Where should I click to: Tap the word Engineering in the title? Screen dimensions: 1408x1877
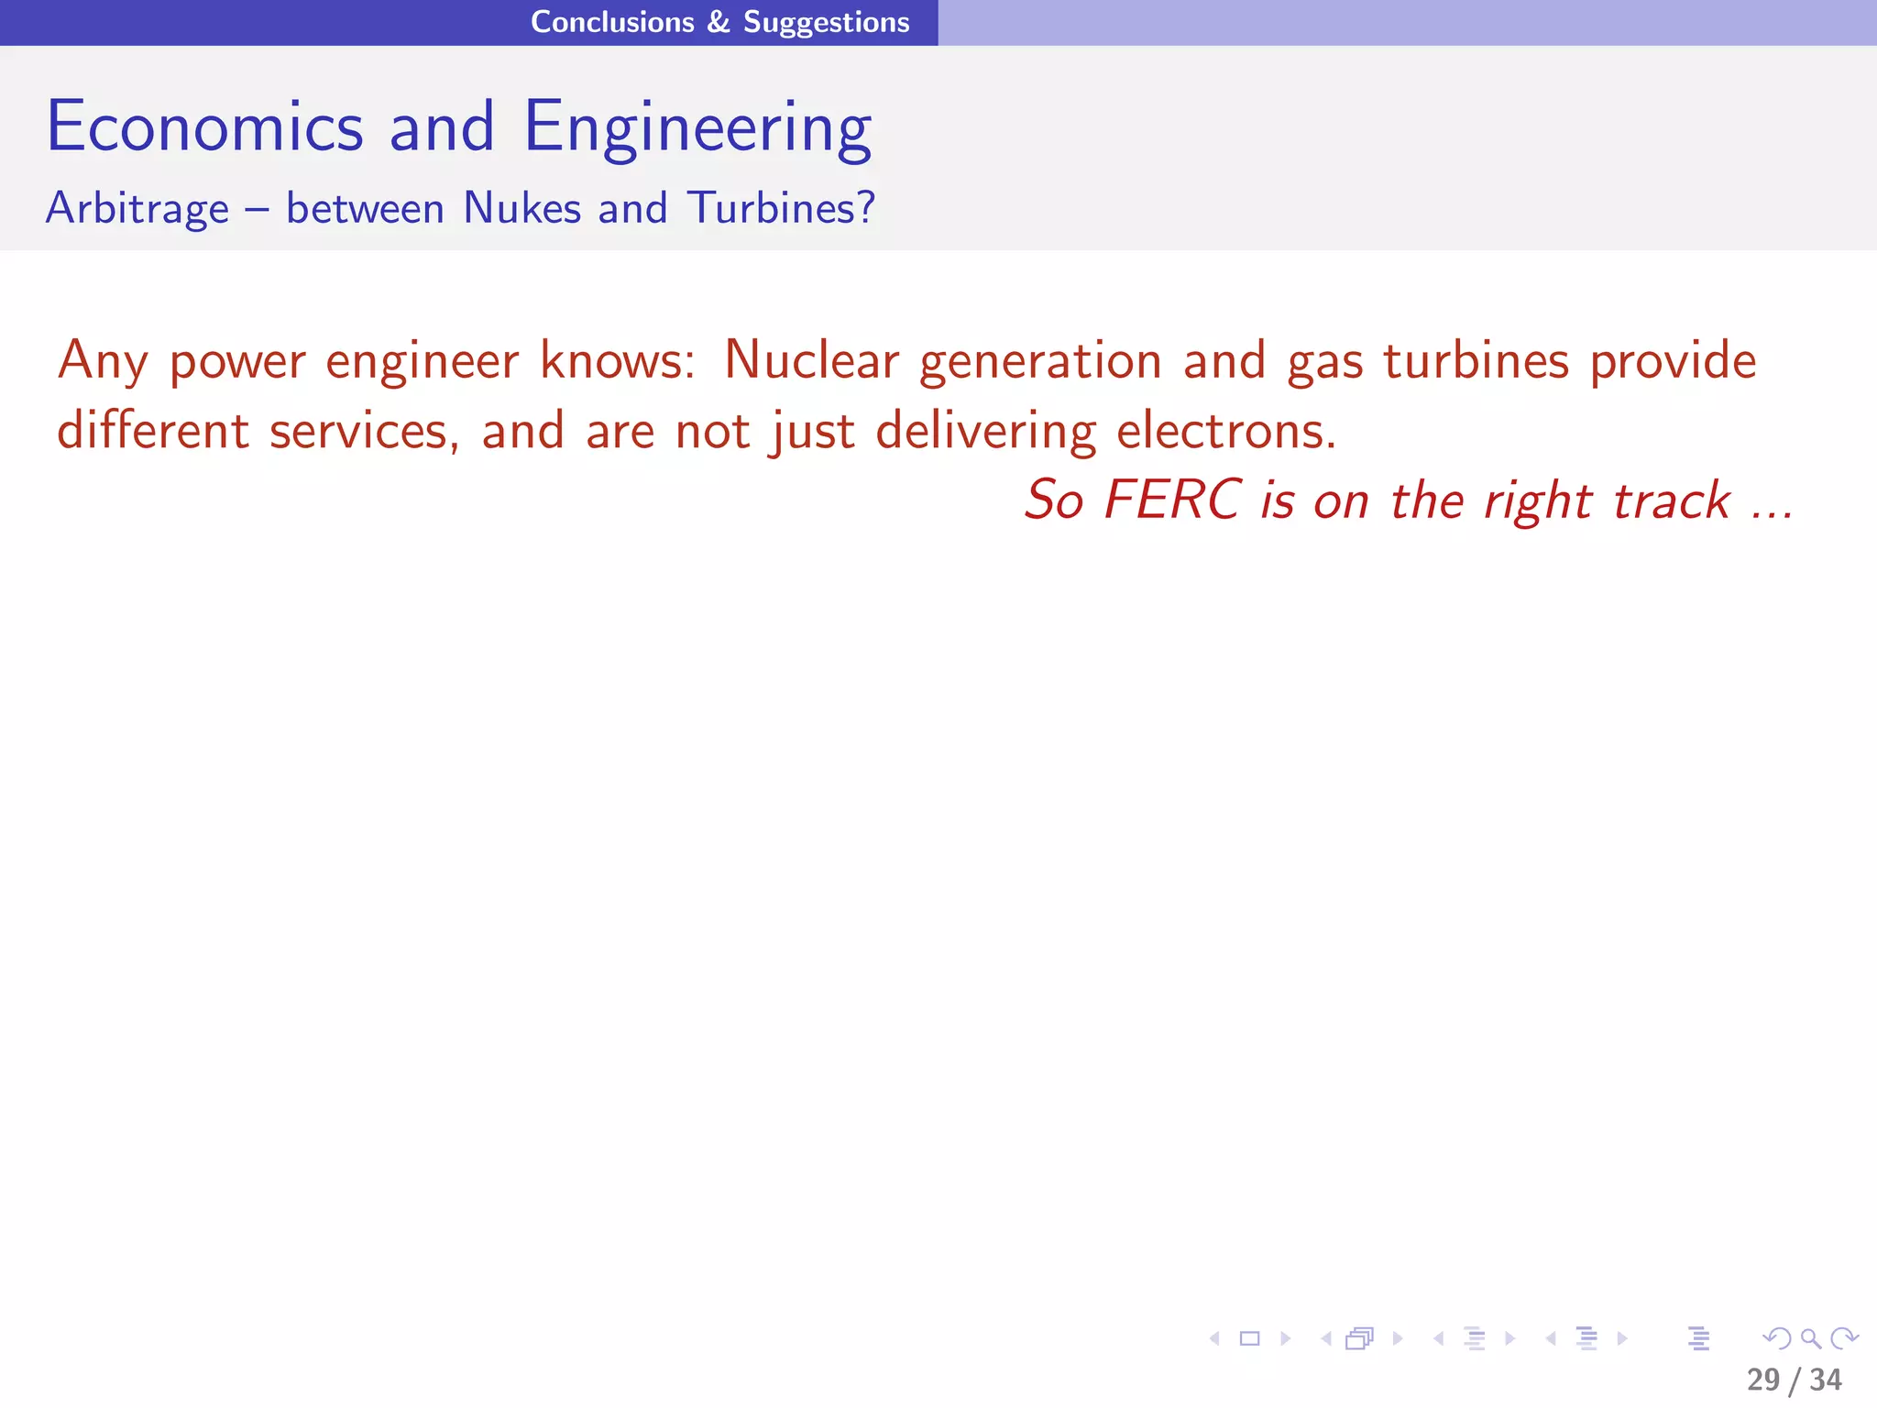point(697,128)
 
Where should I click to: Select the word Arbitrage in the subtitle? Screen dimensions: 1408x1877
point(137,208)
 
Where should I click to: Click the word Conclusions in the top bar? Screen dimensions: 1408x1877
point(612,22)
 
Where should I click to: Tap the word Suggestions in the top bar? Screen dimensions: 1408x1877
point(826,23)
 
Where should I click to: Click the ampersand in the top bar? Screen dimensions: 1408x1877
point(719,22)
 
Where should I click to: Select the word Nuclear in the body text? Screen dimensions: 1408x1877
point(811,359)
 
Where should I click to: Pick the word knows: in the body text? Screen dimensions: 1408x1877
point(618,359)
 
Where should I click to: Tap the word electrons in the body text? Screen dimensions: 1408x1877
point(1225,430)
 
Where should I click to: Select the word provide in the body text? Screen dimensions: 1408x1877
point(1673,361)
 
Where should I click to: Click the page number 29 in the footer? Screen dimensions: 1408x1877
point(1763,1380)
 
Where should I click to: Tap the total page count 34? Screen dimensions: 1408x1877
point(1826,1380)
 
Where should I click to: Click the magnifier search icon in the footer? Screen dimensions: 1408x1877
point(1810,1338)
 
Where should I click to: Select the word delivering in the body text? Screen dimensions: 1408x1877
point(985,432)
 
